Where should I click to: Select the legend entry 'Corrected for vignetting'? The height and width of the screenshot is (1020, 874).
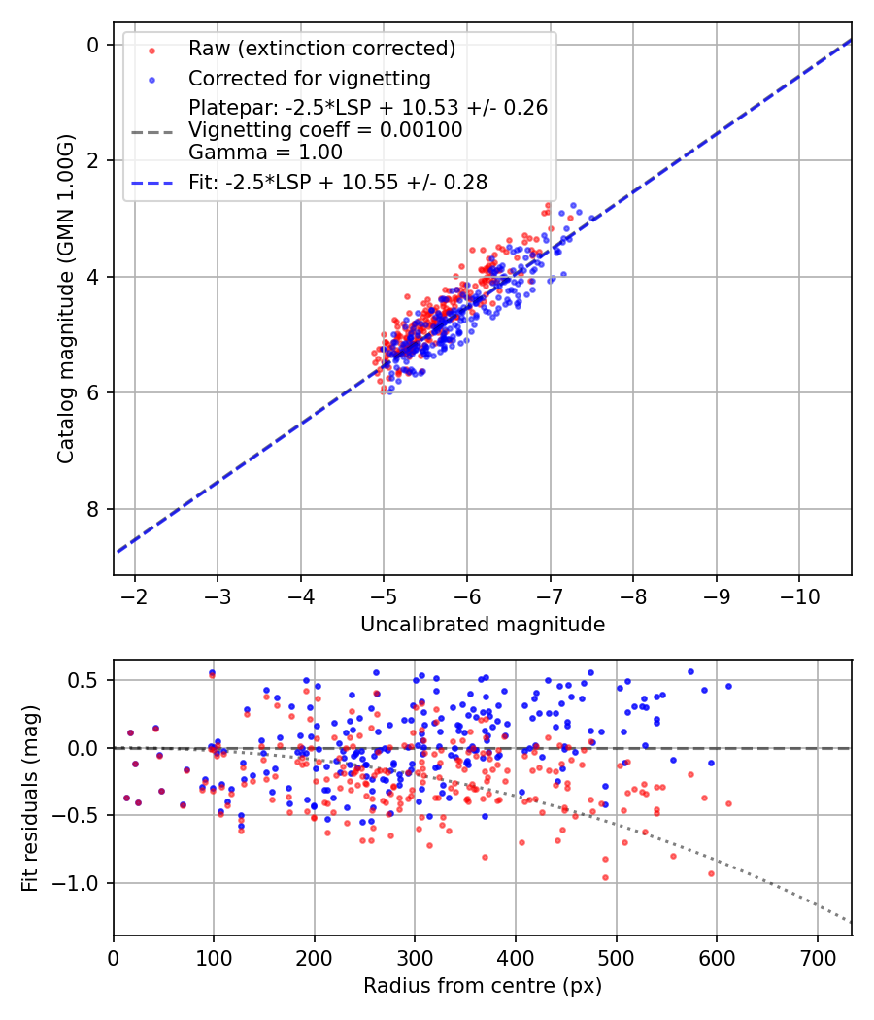tap(309, 78)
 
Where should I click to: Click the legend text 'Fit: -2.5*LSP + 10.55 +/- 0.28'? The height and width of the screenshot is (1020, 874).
tap(338, 182)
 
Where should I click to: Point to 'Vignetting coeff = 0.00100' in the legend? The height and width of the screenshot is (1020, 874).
tap(325, 129)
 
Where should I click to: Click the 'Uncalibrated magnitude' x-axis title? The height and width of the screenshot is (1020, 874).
tap(483, 625)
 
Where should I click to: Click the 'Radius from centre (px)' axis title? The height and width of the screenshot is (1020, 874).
tap(483, 986)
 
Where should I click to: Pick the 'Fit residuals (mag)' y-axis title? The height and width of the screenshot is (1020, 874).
tap(30, 797)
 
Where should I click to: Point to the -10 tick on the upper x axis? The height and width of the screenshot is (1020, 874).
tap(799, 594)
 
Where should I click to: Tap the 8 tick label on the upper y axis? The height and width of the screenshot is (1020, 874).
tap(93, 509)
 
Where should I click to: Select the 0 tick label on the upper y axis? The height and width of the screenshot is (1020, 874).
tap(93, 45)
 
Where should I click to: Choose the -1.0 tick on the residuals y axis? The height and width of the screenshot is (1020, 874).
tap(83, 883)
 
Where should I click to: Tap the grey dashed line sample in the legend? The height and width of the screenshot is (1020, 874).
tap(151, 129)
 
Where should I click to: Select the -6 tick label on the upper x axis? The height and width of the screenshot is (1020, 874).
tap(467, 594)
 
